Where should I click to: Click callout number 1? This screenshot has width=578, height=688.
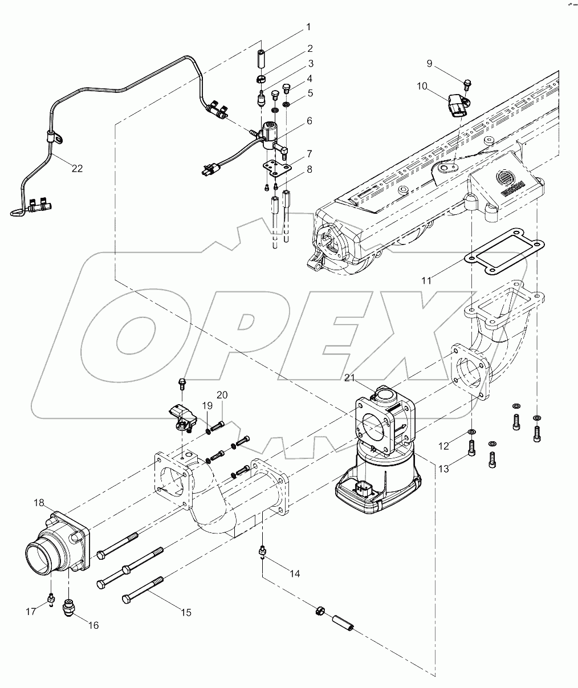(308, 27)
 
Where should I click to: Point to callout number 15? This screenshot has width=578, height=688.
(186, 612)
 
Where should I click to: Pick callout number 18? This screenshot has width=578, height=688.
(38, 503)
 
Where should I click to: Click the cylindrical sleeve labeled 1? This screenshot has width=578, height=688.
(263, 59)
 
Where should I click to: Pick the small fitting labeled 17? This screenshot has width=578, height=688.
(51, 598)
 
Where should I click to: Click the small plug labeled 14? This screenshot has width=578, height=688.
(263, 551)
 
